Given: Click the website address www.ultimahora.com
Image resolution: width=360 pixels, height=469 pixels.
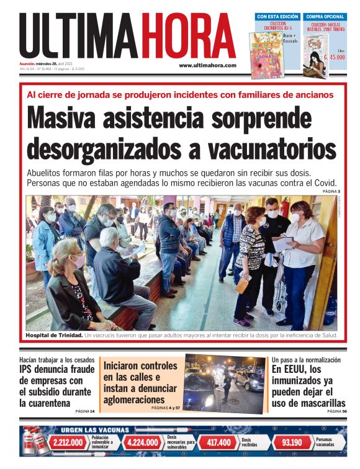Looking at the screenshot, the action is point(207,65).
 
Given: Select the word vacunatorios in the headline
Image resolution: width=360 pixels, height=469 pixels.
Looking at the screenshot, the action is point(276,149).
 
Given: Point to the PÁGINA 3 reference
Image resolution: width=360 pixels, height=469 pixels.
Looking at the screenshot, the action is point(331,191).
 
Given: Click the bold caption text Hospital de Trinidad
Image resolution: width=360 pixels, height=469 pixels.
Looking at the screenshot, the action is point(54,336).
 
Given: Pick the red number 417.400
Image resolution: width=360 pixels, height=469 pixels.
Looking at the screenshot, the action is point(218,442).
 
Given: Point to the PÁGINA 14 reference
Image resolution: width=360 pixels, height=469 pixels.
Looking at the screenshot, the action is point(85,411).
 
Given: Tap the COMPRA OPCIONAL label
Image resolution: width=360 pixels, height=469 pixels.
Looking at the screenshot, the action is point(325,17).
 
